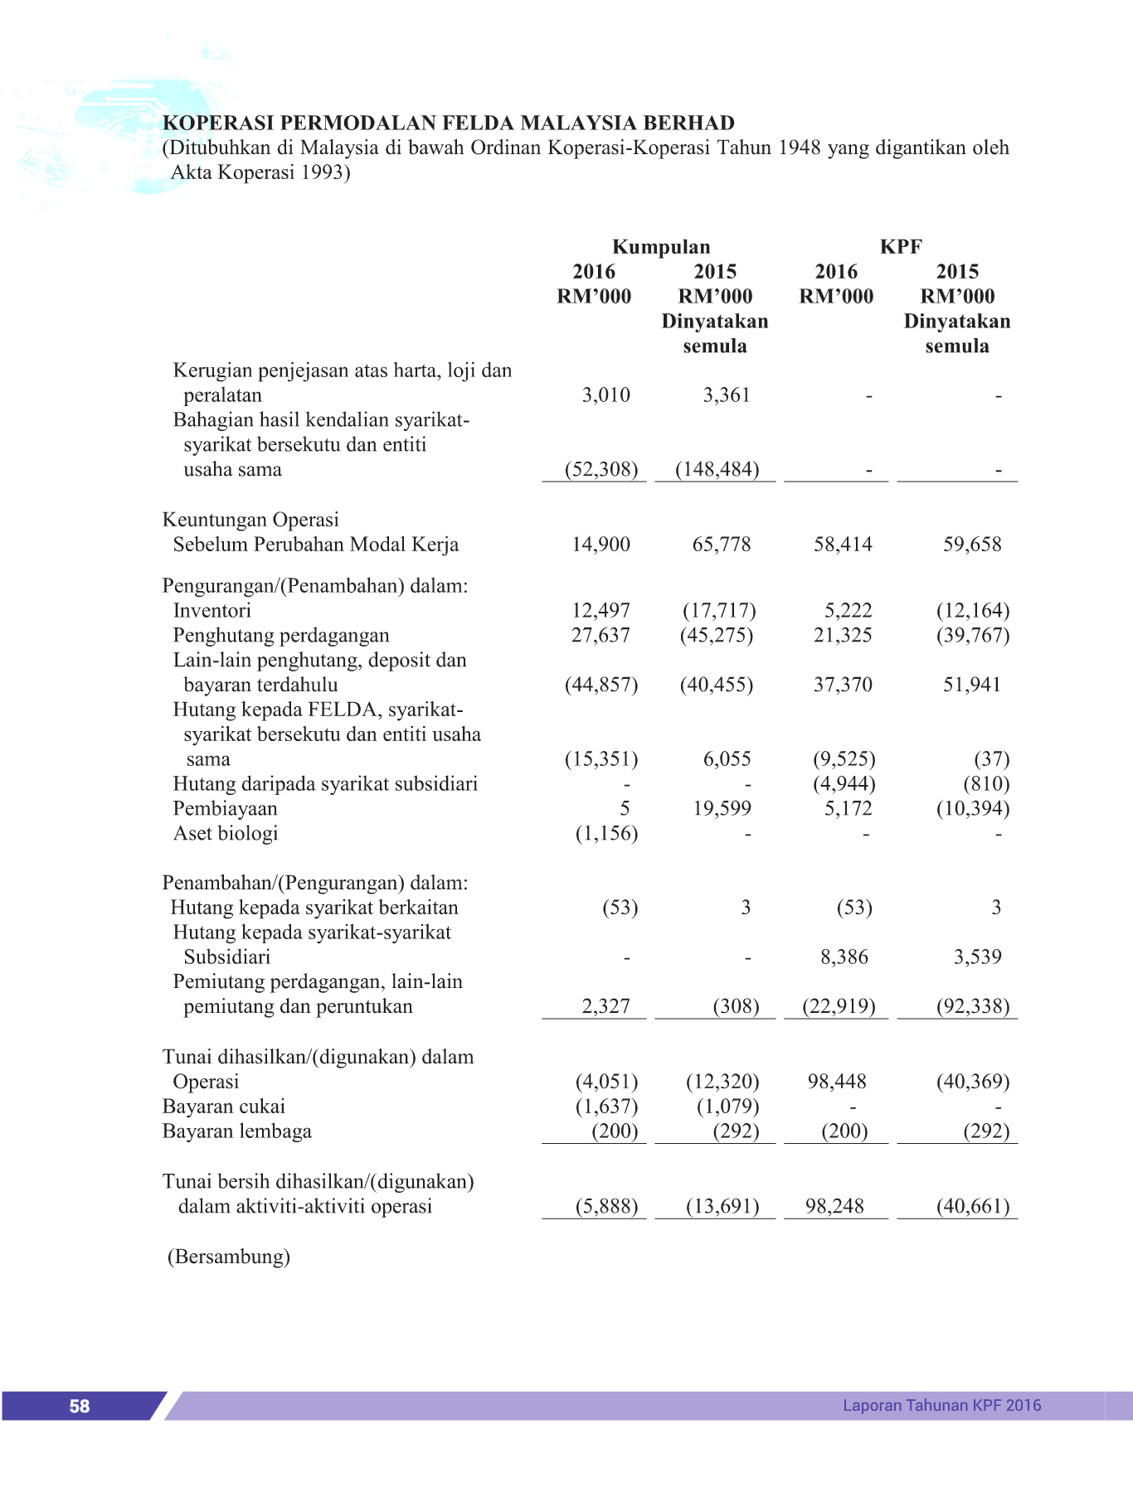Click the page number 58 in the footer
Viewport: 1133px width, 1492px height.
coord(80,1406)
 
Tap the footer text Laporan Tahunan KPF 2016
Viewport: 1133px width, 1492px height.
coord(941,1405)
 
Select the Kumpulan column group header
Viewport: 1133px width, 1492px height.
coord(661,247)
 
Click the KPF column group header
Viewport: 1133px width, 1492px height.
coord(901,247)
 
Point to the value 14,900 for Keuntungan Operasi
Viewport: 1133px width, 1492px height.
coord(601,545)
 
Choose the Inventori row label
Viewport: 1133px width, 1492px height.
coord(212,611)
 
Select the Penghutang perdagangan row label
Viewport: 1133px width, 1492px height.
coord(280,636)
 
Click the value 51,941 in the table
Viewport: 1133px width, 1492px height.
coord(971,685)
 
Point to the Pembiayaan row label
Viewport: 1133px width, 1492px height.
coord(225,809)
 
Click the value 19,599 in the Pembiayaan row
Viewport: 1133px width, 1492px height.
coord(722,809)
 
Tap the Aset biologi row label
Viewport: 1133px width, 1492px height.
coord(225,834)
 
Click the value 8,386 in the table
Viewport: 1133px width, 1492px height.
coord(844,957)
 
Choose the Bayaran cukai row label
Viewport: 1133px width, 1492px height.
coord(223,1107)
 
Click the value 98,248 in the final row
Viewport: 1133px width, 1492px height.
coord(834,1206)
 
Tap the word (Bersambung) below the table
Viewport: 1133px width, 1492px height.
coord(229,1257)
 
